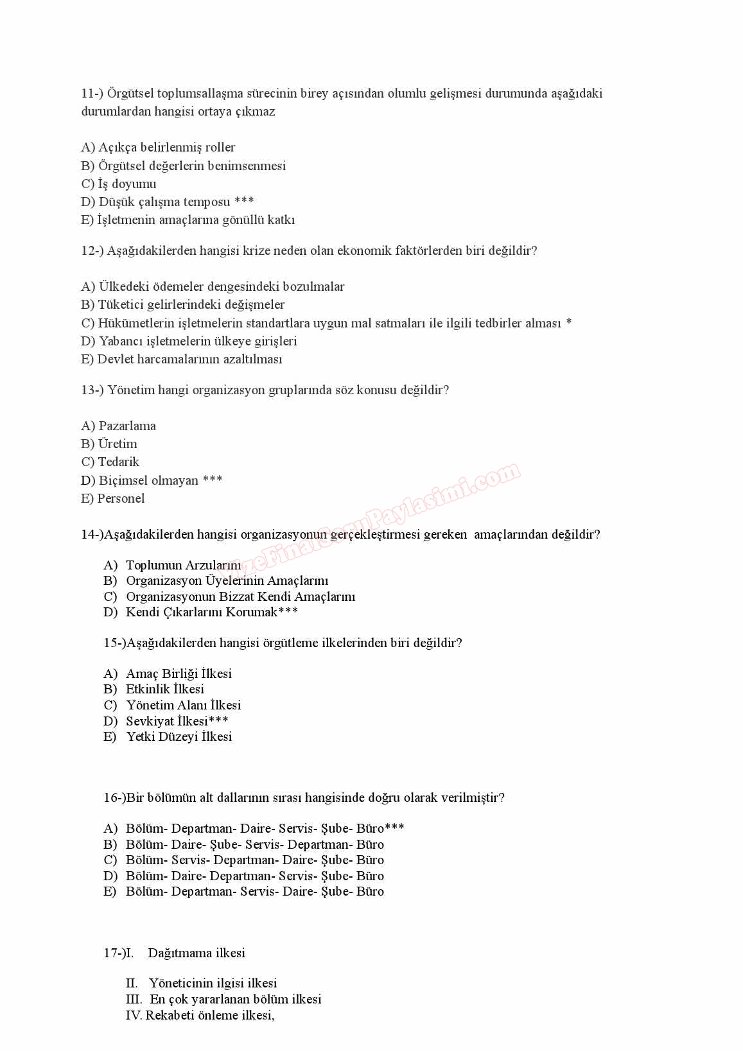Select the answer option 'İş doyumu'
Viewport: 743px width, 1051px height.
point(127,184)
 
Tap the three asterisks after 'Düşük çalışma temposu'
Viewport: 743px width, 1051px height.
point(244,202)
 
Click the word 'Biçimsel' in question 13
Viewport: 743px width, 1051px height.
point(123,481)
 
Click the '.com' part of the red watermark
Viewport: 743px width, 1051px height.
point(498,476)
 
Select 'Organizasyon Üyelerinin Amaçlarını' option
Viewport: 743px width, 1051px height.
point(227,581)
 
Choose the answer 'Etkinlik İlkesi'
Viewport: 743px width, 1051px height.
point(165,690)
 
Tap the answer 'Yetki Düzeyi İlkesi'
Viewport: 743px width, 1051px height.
point(179,737)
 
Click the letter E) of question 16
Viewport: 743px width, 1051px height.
point(110,892)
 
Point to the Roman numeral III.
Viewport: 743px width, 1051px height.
point(134,1000)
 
